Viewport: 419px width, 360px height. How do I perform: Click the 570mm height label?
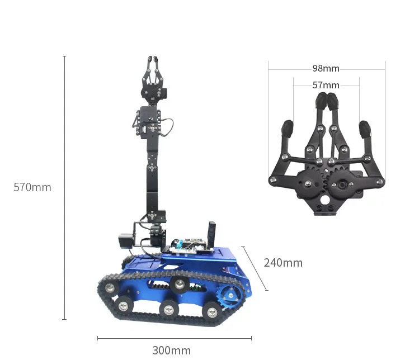pos(32,187)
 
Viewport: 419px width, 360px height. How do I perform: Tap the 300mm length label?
pos(172,350)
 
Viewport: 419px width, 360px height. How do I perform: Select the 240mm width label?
pos(283,263)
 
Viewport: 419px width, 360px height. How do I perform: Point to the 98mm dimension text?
pos(326,68)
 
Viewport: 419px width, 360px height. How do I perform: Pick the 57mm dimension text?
pos(326,85)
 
